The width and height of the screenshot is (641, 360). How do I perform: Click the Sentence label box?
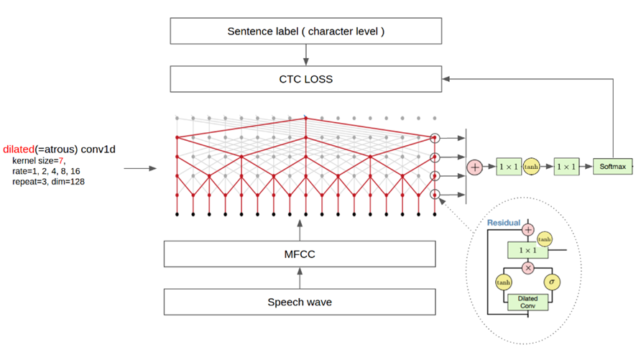pos(305,32)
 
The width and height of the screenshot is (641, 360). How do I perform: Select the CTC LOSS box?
pos(305,79)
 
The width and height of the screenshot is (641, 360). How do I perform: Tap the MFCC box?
pos(300,254)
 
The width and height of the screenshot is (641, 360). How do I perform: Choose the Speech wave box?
pos(300,302)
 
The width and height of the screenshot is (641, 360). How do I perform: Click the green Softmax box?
pos(613,167)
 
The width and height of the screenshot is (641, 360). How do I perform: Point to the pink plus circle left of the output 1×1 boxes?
pos(475,167)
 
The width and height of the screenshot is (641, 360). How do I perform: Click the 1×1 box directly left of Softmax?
pos(567,167)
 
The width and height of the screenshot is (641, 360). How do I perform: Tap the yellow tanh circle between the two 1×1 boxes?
pos(531,167)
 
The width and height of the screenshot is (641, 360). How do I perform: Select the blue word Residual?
pos(504,223)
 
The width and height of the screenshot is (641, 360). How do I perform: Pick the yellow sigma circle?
pos(552,282)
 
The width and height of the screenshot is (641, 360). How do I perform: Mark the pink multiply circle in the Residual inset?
pos(528,267)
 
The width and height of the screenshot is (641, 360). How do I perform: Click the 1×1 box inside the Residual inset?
pos(528,250)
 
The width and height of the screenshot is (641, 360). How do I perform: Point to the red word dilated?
pos(18,149)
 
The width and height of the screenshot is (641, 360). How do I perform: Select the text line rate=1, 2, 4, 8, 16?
pos(46,172)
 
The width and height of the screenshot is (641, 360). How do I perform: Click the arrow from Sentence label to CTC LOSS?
pos(306,55)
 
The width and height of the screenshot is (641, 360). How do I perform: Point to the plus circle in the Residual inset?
pos(528,230)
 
